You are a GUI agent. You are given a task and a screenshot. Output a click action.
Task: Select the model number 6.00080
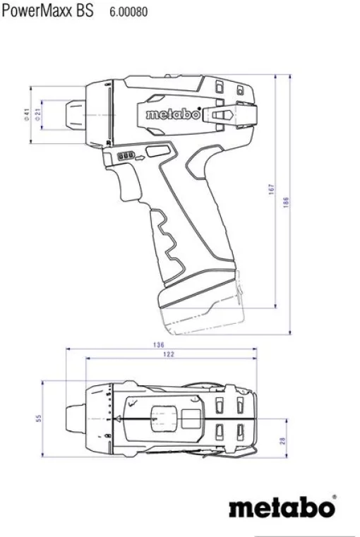coord(128,13)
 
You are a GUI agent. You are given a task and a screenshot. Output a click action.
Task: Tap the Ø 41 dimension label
coord(26,115)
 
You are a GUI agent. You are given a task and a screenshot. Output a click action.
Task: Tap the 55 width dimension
coord(39,419)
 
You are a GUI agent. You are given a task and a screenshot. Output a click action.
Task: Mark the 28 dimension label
coord(283,441)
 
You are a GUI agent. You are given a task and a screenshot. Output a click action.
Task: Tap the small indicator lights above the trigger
coord(127,156)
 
